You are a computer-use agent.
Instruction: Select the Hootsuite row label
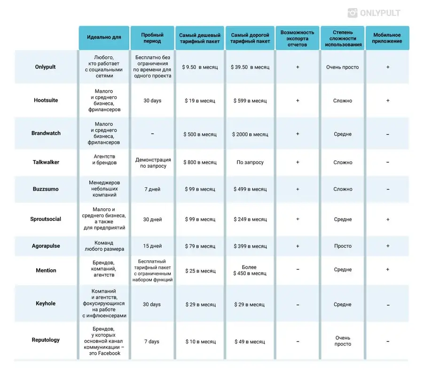pos(46,100)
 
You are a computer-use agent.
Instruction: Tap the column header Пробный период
pos(152,38)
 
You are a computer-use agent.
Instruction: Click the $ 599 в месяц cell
pos(250,101)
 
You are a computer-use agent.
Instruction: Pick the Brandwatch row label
pos(46,133)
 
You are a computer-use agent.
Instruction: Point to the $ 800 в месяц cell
pos(200,162)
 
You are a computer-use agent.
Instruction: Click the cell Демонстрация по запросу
pos(153,163)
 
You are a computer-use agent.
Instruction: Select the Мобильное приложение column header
pos(387,38)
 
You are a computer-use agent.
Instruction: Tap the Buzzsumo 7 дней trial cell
pos(152,190)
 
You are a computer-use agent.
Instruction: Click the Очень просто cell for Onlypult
pos(342,67)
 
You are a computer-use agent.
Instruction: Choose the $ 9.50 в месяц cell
pos(200,67)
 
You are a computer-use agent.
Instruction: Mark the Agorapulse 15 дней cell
pos(152,246)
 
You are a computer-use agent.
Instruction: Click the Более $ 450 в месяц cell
pos(250,270)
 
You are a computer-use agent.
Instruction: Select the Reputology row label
pos(46,340)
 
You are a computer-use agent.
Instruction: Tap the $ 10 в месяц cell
pos(200,342)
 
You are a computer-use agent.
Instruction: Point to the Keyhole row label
pos(46,304)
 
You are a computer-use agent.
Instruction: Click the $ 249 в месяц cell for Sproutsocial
pos(250,220)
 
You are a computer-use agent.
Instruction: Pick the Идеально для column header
pos(104,38)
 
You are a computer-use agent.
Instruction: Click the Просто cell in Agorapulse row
pos(343,246)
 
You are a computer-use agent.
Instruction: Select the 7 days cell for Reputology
pos(152,342)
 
